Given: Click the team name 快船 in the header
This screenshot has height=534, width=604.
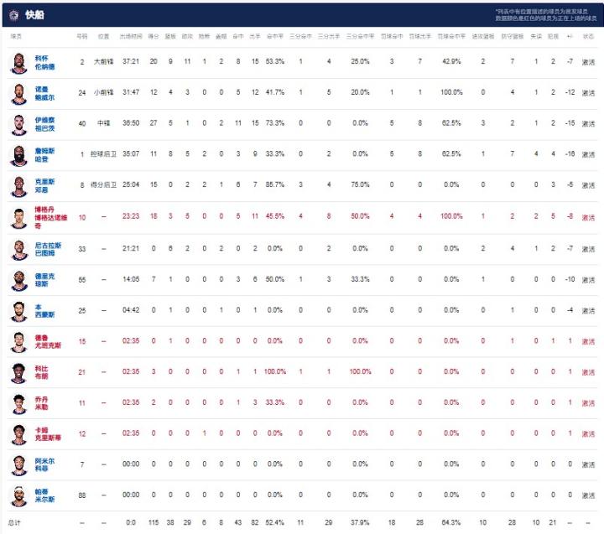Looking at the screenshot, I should pyautogui.click(x=35, y=14).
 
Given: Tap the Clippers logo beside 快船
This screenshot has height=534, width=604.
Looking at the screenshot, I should pyautogui.click(x=13, y=14).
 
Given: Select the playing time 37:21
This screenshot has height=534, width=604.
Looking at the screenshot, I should pyautogui.click(x=130, y=62).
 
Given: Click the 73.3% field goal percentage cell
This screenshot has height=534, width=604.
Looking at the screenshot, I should pyautogui.click(x=275, y=123).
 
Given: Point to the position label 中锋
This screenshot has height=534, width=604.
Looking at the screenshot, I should pyautogui.click(x=103, y=123).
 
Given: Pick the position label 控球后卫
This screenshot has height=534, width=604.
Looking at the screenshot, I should pyautogui.click(x=103, y=153).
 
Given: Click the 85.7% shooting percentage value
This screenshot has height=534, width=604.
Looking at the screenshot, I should pyautogui.click(x=275, y=184).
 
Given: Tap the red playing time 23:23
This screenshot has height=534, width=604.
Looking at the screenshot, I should pyautogui.click(x=130, y=215).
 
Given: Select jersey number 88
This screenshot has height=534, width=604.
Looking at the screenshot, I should pyautogui.click(x=82, y=494).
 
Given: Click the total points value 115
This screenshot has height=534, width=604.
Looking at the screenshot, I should pyautogui.click(x=154, y=521).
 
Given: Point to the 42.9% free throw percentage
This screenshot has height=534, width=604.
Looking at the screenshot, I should pyautogui.click(x=451, y=62).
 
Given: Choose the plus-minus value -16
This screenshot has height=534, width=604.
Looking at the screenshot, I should pyautogui.click(x=570, y=153).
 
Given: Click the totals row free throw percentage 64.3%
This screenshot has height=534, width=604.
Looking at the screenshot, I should pyautogui.click(x=451, y=521).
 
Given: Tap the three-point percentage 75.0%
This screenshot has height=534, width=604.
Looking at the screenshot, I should pyautogui.click(x=360, y=184).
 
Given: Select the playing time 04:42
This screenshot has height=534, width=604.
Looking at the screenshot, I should pyautogui.click(x=130, y=309).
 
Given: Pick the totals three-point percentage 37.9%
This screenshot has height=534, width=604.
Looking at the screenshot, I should pyautogui.click(x=360, y=521).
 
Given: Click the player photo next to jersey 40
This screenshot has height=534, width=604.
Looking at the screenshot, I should pyautogui.click(x=18, y=124).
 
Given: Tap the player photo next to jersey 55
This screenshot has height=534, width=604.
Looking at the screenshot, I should pyautogui.click(x=18, y=278).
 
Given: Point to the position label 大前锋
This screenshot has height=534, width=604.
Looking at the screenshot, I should pyautogui.click(x=103, y=62).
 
